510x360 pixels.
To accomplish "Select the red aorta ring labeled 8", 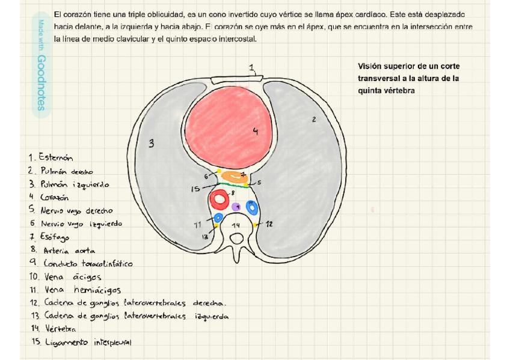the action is coord(218,199).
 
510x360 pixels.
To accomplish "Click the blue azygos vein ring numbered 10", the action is coord(253,207).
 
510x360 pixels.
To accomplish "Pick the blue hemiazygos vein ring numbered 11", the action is coord(218,218).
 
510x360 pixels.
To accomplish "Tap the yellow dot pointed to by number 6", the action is coord(219,172).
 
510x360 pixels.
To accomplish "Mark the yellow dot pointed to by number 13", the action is coord(216,226).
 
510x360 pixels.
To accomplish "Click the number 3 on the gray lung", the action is coord(152,144).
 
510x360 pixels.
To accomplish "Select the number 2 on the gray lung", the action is coord(313,120).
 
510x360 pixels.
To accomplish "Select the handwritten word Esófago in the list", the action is coord(55,237).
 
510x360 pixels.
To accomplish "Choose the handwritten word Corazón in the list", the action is coord(55,197).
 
